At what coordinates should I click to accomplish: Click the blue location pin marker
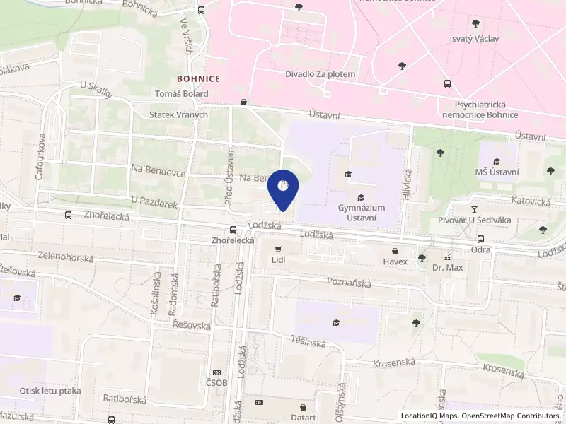pyautogui.click(x=283, y=188)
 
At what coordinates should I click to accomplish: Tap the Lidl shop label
pyautogui.click(x=278, y=261)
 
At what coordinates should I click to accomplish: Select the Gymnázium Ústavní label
pyautogui.click(x=362, y=213)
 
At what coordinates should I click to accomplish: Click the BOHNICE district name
pyautogui.click(x=199, y=78)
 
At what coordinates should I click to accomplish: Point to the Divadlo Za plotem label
pyautogui.click(x=320, y=74)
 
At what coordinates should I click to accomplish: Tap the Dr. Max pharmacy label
pyautogui.click(x=447, y=269)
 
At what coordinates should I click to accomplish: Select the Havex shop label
pyautogui.click(x=395, y=262)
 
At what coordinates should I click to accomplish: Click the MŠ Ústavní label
pyautogui.click(x=497, y=172)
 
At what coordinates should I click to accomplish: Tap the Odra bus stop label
pyautogui.click(x=480, y=250)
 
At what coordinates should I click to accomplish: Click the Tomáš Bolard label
pyautogui.click(x=180, y=93)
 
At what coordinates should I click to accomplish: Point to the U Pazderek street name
pyautogui.click(x=152, y=202)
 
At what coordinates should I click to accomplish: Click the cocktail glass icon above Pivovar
pyautogui.click(x=475, y=210)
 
